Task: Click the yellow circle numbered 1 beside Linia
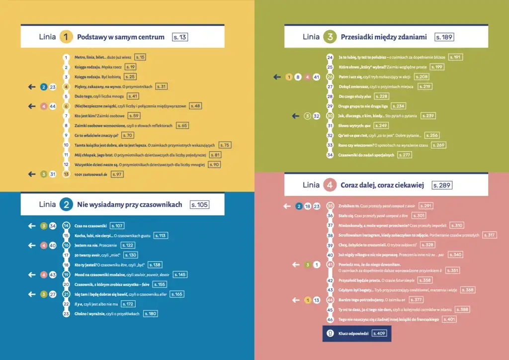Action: point(66,37)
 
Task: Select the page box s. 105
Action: point(200,204)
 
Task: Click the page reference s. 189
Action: point(444,37)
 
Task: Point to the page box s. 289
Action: point(441,185)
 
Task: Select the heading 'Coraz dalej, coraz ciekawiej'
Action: point(382,185)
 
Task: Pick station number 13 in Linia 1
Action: point(66,174)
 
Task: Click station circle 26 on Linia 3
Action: point(330,77)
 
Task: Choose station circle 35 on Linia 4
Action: point(330,206)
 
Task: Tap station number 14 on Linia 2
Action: point(66,226)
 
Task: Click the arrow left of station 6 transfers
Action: point(32,106)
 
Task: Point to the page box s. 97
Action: point(117,174)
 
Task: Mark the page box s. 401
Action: point(448,319)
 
